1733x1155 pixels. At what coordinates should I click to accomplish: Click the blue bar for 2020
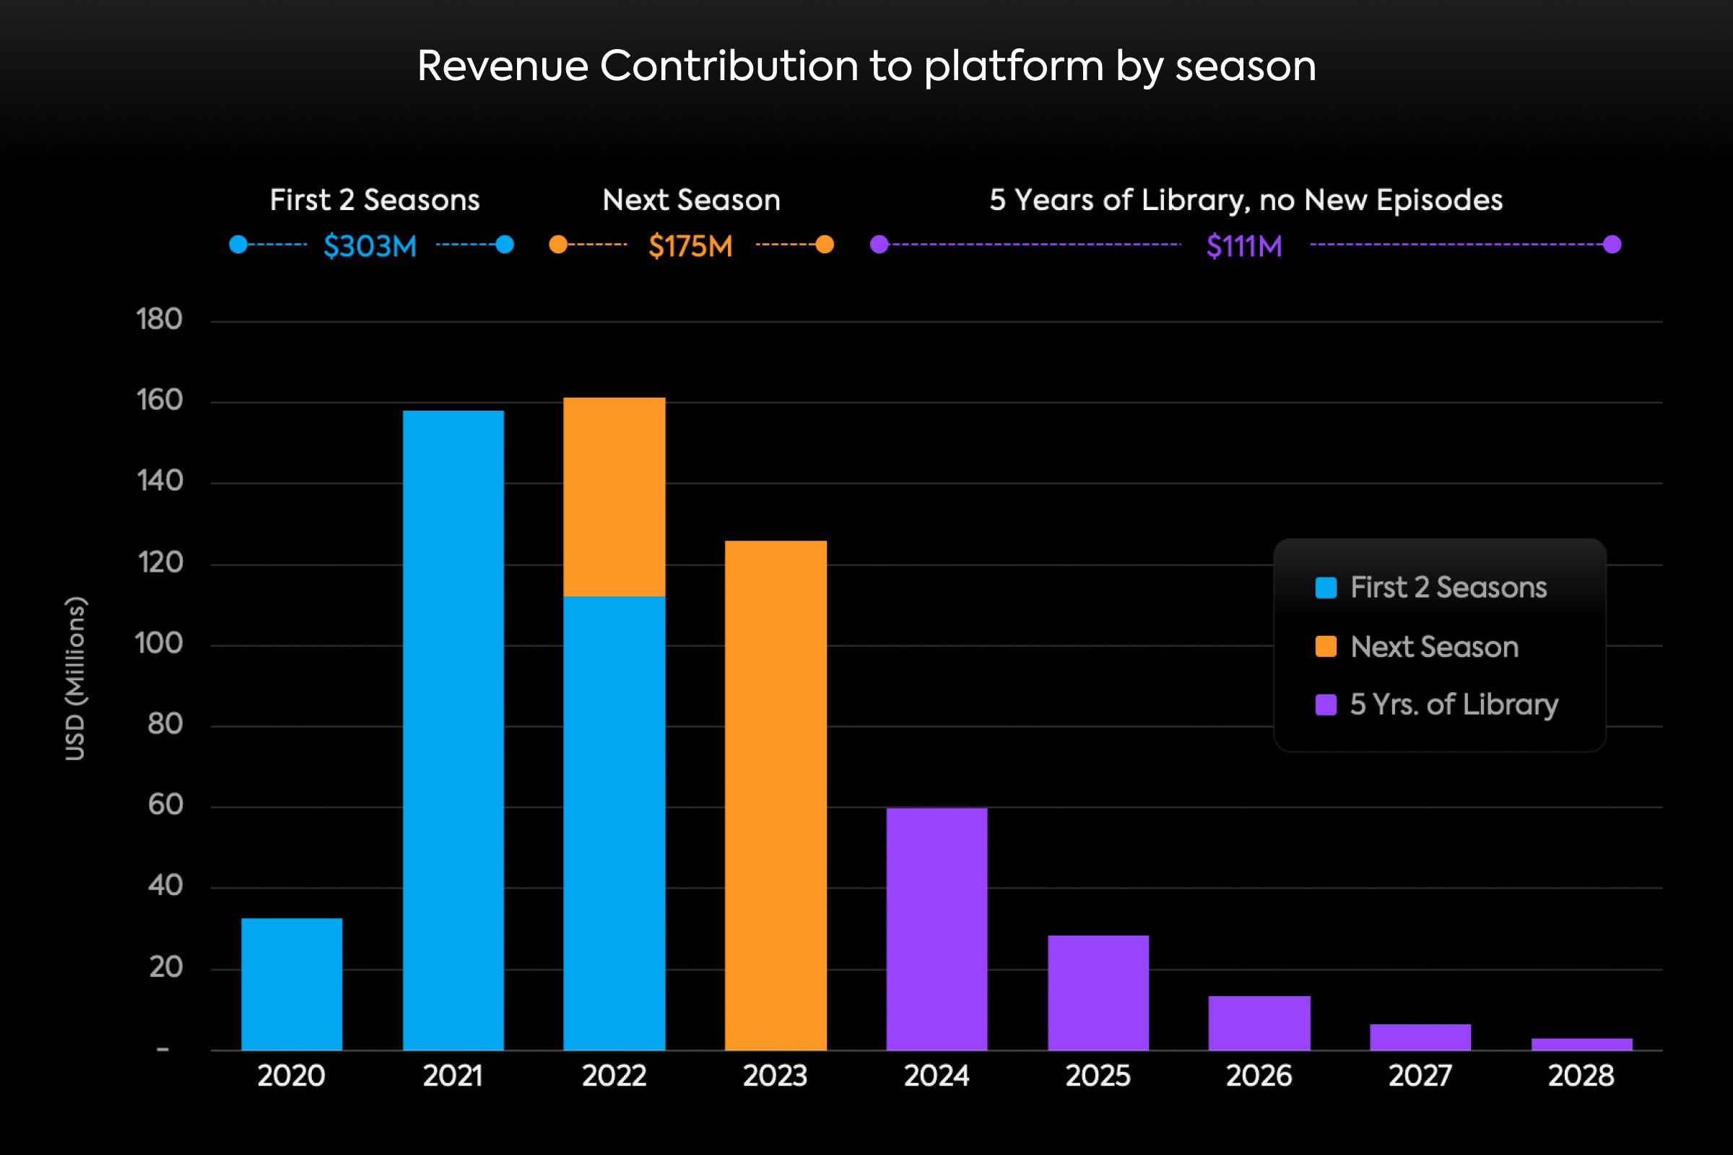pyautogui.click(x=292, y=984)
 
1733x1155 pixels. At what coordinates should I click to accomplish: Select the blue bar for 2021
pyautogui.click(x=453, y=730)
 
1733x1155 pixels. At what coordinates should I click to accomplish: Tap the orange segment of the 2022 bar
pyautogui.click(x=614, y=497)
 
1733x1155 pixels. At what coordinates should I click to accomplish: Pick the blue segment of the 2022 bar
pyautogui.click(x=614, y=823)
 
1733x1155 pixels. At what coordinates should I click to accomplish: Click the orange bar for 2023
pyautogui.click(x=775, y=796)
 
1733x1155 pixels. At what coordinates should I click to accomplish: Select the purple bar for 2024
pyautogui.click(x=937, y=929)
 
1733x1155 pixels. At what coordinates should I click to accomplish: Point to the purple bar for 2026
pyautogui.click(x=1259, y=1023)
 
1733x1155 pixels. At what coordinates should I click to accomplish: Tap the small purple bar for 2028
pyautogui.click(x=1582, y=1044)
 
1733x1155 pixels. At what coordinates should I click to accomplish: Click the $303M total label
pyautogui.click(x=370, y=246)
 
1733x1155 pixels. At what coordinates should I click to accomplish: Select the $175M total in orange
pyautogui.click(x=690, y=246)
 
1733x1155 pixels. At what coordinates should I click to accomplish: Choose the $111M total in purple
pyautogui.click(x=1243, y=246)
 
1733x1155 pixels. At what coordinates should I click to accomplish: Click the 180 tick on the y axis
pyautogui.click(x=159, y=320)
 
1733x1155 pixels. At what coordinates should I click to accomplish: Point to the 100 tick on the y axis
pyautogui.click(x=159, y=644)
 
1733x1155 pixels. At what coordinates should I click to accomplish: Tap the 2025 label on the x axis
pyautogui.click(x=1098, y=1076)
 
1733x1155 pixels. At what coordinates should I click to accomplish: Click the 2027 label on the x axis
pyautogui.click(x=1420, y=1076)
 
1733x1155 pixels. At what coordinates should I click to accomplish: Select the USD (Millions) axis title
pyautogui.click(x=75, y=678)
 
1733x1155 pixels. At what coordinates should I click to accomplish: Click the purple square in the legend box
pyautogui.click(x=1326, y=705)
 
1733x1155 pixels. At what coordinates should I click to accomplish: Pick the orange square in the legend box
pyautogui.click(x=1326, y=646)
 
